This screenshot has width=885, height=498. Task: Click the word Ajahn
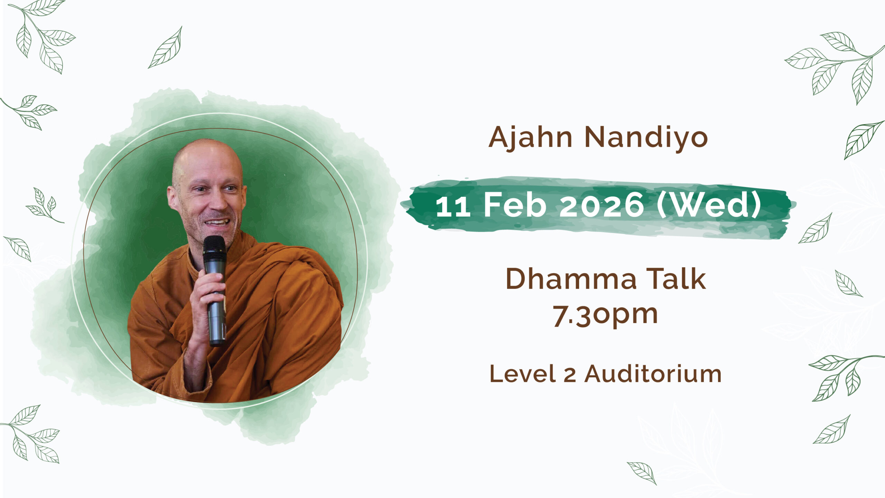click(x=530, y=138)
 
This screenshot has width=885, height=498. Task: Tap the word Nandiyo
click(x=646, y=138)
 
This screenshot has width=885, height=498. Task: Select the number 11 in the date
click(x=453, y=206)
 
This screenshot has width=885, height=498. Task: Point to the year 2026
click(x=602, y=206)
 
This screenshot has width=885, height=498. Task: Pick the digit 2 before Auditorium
click(x=570, y=376)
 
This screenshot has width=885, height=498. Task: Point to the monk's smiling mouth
click(x=217, y=222)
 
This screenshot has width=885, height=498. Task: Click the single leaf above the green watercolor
click(x=165, y=47)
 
